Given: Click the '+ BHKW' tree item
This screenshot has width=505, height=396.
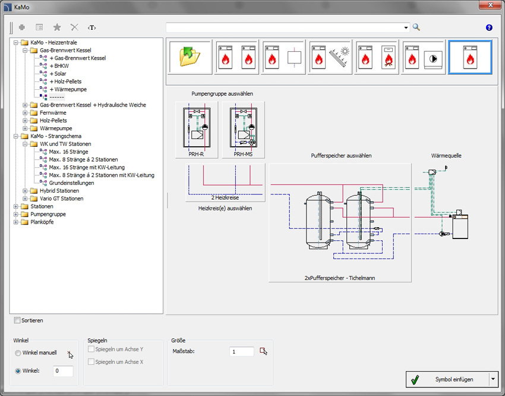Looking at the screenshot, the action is coord(59,66).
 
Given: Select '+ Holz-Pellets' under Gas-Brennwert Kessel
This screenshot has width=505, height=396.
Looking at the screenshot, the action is coord(66,81).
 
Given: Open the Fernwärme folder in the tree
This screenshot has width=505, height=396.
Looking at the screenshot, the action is coord(53,113).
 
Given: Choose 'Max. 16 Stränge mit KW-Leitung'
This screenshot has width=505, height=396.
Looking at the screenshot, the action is coord(87,167).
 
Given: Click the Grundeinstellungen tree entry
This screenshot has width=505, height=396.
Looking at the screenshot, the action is coord(71,183).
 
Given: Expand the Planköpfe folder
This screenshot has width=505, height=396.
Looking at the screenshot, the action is coord(16,222).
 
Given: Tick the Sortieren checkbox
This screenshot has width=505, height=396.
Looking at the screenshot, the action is coord(17,320).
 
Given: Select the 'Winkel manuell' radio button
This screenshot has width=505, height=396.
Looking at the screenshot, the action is coord(18,353).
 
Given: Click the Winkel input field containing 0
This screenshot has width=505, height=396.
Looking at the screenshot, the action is coord(63,371).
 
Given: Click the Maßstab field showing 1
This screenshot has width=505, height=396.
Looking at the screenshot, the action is coord(242,351).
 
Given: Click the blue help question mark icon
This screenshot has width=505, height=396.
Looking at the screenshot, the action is coord(489,27).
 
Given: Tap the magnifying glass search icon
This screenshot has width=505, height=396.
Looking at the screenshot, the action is coord(416,27).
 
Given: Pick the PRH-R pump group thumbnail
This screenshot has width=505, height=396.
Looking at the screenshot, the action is coord(197,130).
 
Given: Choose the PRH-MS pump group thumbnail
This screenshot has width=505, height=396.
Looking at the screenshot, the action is coord(244,130).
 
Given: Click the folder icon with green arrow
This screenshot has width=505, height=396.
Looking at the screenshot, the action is coord(190,57).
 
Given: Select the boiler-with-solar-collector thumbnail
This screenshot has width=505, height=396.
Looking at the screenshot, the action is coord(330,57).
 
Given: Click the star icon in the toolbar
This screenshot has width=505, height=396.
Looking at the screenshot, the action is coord(57,27).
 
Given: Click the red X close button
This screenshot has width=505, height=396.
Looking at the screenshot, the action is coord(490,5).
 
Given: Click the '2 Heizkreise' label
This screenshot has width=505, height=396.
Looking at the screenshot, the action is coord(225,197).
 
